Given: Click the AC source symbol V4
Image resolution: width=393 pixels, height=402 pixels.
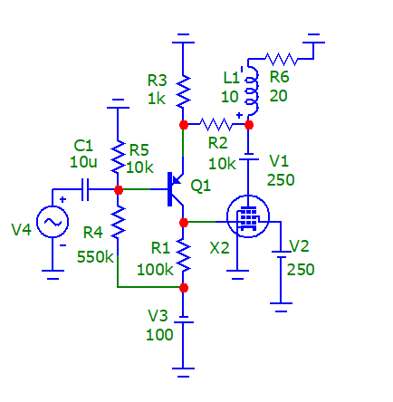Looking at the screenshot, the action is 53,222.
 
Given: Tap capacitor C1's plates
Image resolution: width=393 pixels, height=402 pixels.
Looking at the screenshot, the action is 85,189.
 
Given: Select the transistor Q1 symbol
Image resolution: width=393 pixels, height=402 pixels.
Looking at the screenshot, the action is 176,189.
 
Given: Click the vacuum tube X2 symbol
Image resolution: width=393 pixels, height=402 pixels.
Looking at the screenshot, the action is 248,216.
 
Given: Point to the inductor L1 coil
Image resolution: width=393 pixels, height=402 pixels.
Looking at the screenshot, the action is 253,91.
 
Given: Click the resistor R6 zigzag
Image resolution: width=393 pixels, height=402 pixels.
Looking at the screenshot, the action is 282,59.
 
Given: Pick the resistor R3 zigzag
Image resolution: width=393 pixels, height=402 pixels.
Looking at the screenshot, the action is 183,91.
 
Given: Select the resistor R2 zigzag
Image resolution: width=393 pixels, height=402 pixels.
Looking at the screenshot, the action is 216,124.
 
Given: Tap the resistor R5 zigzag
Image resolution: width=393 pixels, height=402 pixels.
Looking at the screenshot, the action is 118,157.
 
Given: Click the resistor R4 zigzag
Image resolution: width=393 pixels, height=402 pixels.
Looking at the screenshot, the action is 118,222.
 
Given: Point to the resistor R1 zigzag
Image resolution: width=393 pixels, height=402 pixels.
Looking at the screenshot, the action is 183,254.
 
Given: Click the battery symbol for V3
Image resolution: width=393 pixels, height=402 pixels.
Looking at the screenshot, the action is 183,320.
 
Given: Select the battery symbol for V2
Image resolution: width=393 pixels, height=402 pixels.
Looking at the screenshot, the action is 281,254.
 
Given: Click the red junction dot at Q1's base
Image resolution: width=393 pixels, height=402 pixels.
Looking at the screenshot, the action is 119,190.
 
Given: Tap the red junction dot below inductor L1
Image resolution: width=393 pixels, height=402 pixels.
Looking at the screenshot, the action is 249,125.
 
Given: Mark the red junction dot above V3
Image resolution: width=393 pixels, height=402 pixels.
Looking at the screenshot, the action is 184,288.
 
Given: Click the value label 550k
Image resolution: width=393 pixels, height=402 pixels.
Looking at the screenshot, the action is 95,257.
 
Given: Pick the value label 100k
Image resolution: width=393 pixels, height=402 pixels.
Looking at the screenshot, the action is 155,270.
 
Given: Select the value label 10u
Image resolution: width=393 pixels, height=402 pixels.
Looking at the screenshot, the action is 83,162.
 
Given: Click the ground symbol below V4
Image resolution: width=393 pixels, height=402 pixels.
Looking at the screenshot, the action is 53,274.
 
